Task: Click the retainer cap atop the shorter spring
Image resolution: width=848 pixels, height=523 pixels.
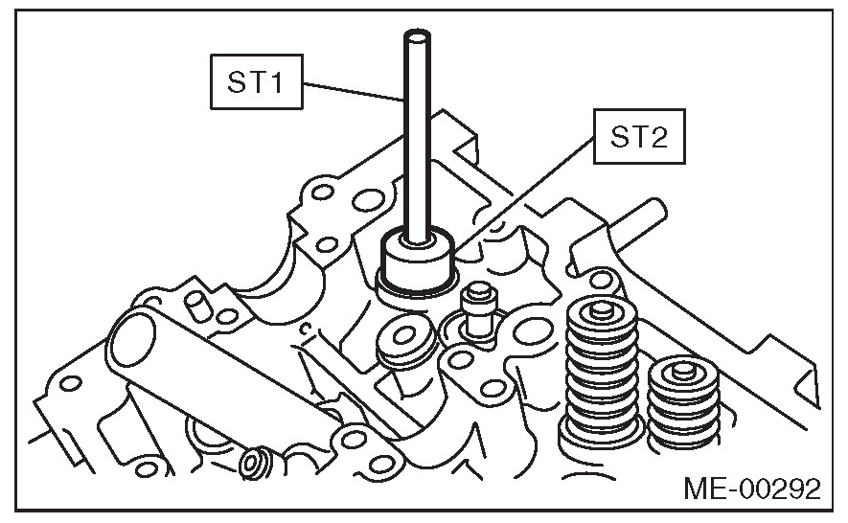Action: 683,366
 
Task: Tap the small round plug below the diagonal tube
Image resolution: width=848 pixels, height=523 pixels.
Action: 256,462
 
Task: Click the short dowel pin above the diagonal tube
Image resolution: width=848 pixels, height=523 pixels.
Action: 195,307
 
